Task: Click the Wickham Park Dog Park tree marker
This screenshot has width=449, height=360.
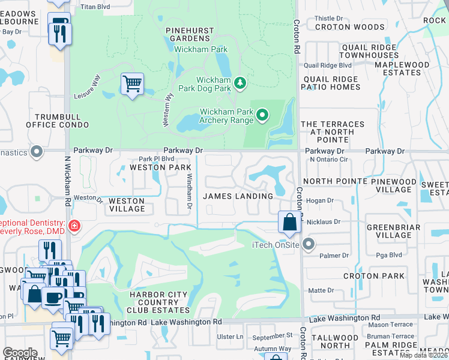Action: (240, 82)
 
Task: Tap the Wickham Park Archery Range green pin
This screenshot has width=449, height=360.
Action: (262, 114)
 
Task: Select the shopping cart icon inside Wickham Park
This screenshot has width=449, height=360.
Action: (132, 84)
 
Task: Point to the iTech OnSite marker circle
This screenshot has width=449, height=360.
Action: (309, 244)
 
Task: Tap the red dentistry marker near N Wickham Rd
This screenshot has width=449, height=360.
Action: (74, 226)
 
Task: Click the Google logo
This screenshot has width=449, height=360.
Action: (19, 352)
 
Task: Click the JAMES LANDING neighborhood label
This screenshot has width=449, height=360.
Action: (238, 196)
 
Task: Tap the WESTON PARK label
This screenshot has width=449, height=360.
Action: (156, 167)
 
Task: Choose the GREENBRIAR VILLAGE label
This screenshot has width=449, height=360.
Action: (388, 231)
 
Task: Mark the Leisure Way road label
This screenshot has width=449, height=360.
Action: (86, 87)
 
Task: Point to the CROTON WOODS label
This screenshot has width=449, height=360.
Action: (349, 27)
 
